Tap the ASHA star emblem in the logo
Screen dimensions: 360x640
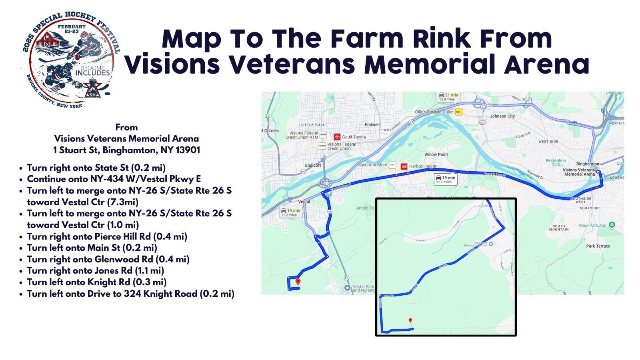93,88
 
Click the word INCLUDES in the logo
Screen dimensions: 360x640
92,73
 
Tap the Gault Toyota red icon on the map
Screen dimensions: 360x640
337,137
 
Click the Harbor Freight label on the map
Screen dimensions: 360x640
422,166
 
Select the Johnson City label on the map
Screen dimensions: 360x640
502,116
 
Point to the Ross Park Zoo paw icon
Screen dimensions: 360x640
612,225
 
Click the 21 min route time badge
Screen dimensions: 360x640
448,96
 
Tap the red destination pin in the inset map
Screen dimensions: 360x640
410,320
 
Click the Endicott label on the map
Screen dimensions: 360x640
313,165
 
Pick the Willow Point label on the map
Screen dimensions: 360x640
436,154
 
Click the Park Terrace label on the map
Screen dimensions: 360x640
598,246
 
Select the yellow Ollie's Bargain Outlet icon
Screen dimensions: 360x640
459,112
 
